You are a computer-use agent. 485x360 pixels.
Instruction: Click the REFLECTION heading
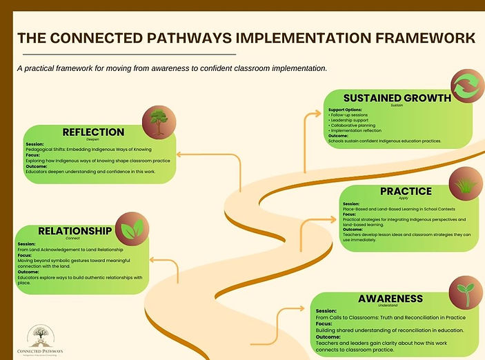(93, 132)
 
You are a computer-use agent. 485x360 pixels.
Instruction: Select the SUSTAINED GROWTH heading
(387, 98)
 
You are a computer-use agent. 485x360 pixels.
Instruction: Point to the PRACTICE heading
(406, 191)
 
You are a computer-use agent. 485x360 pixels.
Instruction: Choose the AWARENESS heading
(390, 299)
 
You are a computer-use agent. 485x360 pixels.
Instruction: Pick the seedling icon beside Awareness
(465, 293)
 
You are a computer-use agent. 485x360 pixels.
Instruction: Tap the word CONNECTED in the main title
(92, 38)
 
